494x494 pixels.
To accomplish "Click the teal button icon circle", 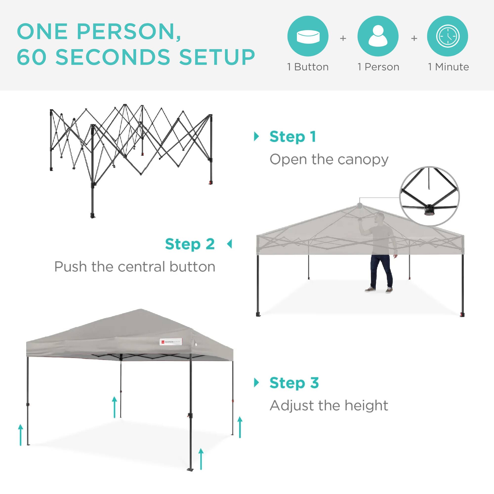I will click(308, 36).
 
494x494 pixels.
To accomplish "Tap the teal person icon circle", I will click(378, 36).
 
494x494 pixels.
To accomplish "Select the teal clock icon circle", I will click(448, 36).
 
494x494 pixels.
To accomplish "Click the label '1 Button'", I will click(308, 67).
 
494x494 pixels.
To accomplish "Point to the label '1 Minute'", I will click(449, 67).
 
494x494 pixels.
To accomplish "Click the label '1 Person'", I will click(378, 67).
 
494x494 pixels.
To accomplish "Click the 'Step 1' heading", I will click(293, 137).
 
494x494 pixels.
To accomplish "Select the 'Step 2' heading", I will click(190, 244).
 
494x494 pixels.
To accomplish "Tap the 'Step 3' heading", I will click(294, 383).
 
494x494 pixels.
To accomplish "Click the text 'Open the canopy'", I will click(329, 160).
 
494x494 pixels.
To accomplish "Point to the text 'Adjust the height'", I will click(329, 406).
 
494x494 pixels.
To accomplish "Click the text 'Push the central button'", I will click(135, 267).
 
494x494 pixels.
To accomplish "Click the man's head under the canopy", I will click(380, 218).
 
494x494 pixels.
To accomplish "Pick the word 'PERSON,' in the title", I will click(129, 32).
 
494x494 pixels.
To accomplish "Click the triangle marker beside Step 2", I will click(230, 244).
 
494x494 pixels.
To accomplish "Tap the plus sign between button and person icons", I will click(343, 38).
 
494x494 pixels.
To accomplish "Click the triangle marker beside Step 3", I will click(256, 383).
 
